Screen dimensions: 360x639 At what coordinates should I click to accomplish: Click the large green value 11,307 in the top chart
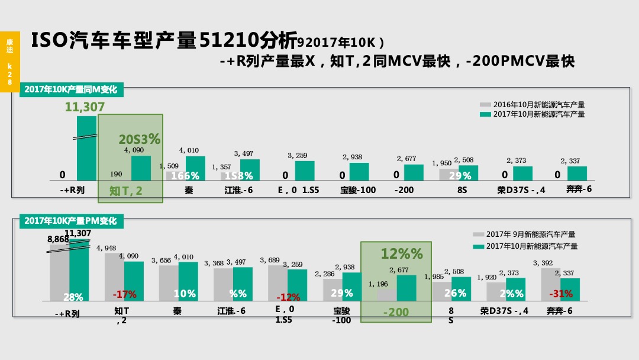point(85,107)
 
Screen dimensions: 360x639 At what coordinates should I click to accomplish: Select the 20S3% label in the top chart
point(139,140)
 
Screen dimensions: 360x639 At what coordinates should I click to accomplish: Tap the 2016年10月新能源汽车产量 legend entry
point(538,105)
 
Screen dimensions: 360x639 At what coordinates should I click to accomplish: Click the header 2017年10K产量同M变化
point(71,90)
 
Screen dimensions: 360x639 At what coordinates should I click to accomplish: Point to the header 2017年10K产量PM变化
point(71,221)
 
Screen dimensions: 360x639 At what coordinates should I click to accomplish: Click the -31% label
point(560,294)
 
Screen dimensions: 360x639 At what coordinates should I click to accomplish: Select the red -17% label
point(124,294)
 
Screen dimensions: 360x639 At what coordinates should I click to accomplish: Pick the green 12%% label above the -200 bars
point(402,253)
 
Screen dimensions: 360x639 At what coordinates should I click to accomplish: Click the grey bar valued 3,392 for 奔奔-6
point(550,284)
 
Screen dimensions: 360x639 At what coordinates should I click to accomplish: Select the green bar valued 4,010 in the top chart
point(195,168)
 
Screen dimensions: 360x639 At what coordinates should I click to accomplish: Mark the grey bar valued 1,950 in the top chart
point(448,174)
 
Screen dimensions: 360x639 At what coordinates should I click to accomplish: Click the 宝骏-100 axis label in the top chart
point(358,191)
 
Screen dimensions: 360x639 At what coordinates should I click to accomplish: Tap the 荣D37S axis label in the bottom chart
point(504,311)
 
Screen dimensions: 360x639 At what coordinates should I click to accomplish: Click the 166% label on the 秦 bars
point(185,176)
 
